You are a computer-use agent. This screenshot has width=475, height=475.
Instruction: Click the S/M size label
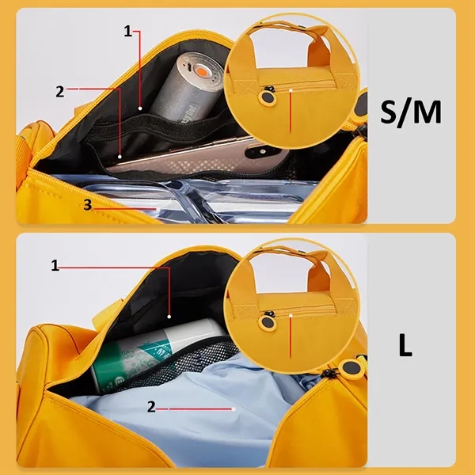coord(411,112)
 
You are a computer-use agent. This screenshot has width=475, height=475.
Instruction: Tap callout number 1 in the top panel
coord(127,31)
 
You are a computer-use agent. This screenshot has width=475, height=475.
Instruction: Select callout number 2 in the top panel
coord(60,91)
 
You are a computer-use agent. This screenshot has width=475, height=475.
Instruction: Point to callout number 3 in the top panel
coord(88,205)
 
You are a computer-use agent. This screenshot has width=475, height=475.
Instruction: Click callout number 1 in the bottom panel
coord(55,265)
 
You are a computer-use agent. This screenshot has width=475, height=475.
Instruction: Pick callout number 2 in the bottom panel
coord(151,407)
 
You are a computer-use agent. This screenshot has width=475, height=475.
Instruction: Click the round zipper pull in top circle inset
coord(267,97)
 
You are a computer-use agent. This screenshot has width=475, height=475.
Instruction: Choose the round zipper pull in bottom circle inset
coord(267,322)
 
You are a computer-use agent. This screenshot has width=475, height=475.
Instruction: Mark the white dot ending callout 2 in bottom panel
coord(234,409)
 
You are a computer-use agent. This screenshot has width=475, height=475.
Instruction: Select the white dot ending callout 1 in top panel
coord(140,108)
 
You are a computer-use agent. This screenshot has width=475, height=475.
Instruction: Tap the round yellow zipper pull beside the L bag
coord(351,367)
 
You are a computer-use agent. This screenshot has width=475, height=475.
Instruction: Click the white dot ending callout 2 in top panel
coord(120,157)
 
